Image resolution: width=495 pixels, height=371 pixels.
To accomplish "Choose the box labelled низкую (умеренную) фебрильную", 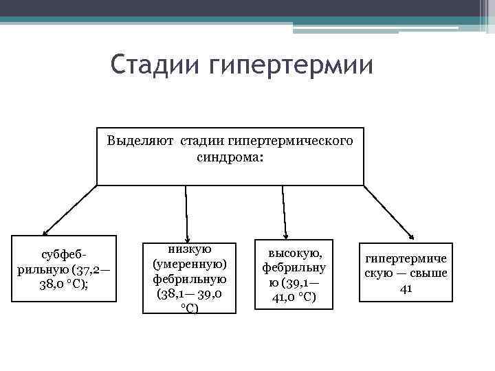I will [189, 278].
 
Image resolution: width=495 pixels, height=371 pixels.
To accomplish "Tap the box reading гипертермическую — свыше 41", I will [406, 272].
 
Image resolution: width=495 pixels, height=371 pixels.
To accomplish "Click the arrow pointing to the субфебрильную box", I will [69, 211].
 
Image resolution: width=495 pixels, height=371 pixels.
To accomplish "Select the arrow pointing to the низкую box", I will [186, 213].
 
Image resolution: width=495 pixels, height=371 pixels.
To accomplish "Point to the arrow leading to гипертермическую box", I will [388, 212].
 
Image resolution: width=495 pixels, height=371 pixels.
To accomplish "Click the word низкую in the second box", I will [189, 249].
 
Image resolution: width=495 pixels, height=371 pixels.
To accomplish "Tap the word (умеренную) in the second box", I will [189, 264].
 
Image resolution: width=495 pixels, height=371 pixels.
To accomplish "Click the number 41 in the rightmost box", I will [406, 288].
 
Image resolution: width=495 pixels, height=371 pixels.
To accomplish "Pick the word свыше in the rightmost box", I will [429, 273].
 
